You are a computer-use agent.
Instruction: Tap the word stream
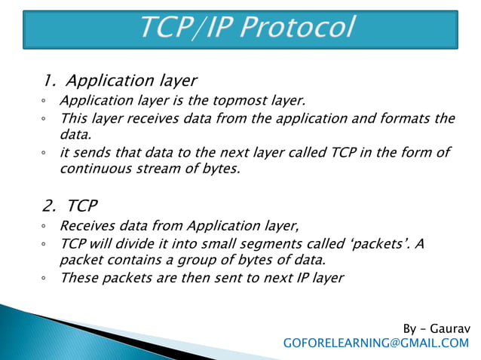tap(152, 169)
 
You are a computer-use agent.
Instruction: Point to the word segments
tap(268, 244)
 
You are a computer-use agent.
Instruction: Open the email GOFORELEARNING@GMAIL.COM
tap(375, 343)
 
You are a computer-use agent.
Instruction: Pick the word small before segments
tap(219, 244)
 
